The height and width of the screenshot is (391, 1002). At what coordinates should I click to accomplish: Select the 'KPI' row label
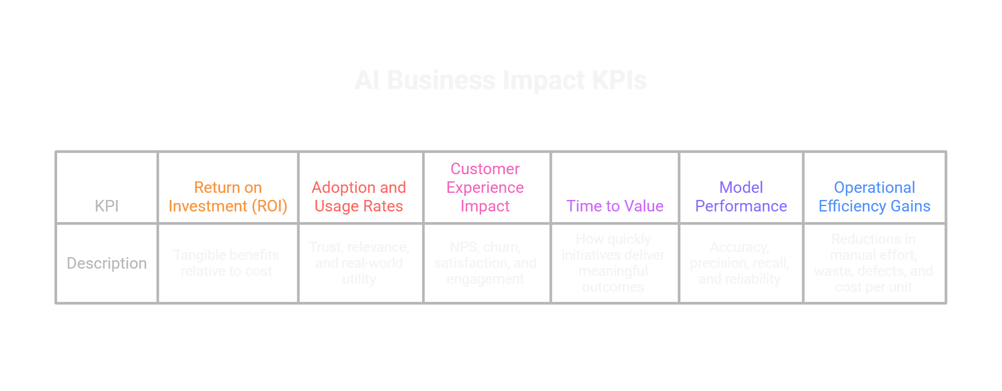click(107, 206)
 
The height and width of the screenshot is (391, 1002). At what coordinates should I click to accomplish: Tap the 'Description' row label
click(107, 263)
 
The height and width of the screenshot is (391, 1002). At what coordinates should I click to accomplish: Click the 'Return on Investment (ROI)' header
click(228, 197)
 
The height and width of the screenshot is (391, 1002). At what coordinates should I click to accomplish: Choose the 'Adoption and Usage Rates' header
click(359, 197)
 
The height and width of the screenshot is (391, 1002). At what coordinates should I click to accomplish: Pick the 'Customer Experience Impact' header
click(485, 188)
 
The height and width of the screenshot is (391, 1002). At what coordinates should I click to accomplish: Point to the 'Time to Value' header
click(615, 206)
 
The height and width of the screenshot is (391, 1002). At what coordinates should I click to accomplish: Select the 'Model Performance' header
click(741, 197)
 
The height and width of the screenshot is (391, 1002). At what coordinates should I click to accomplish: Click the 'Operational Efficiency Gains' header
click(874, 197)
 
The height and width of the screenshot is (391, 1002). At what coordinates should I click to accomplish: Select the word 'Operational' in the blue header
click(874, 188)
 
